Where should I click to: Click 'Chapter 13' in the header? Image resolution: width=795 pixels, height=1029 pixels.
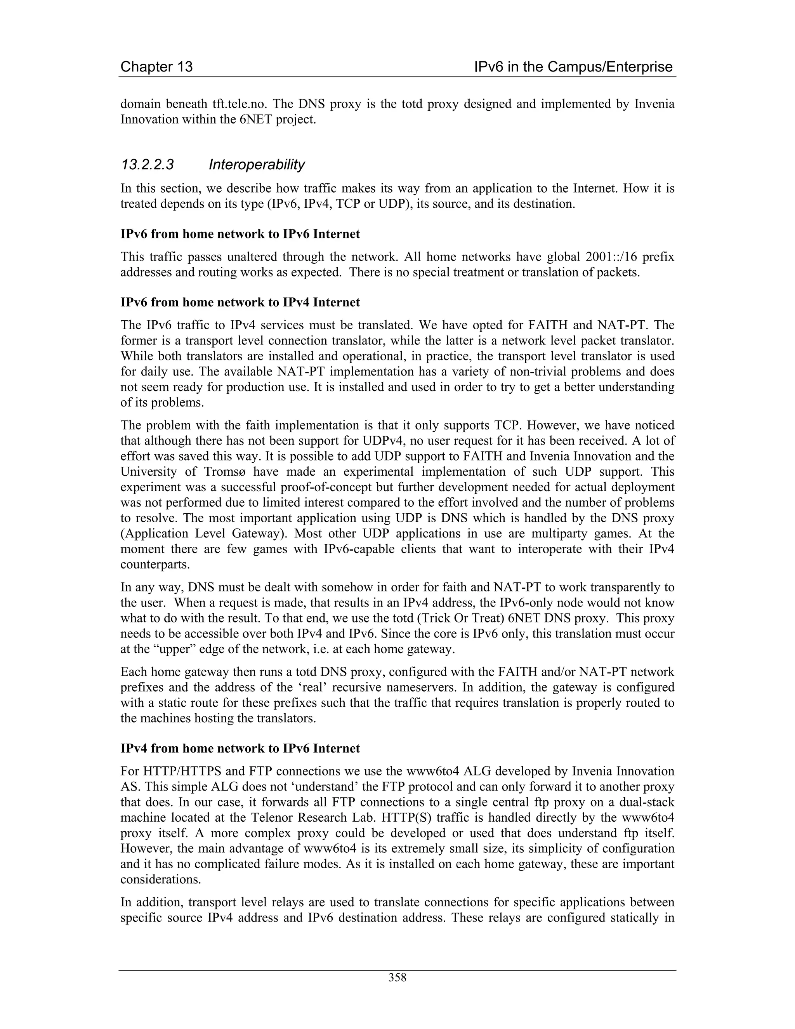pyautogui.click(x=156, y=67)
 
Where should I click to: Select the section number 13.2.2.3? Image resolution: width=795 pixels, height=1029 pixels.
pyautogui.click(x=148, y=164)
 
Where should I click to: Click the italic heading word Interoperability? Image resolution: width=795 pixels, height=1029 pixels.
pyautogui.click(x=257, y=164)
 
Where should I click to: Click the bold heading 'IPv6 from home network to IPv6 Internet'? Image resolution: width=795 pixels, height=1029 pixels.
pyautogui.click(x=240, y=234)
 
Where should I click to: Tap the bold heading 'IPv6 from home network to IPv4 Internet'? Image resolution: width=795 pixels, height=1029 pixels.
pyautogui.click(x=240, y=302)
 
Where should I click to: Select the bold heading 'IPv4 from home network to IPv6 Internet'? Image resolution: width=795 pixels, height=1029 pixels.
pyautogui.click(x=240, y=749)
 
